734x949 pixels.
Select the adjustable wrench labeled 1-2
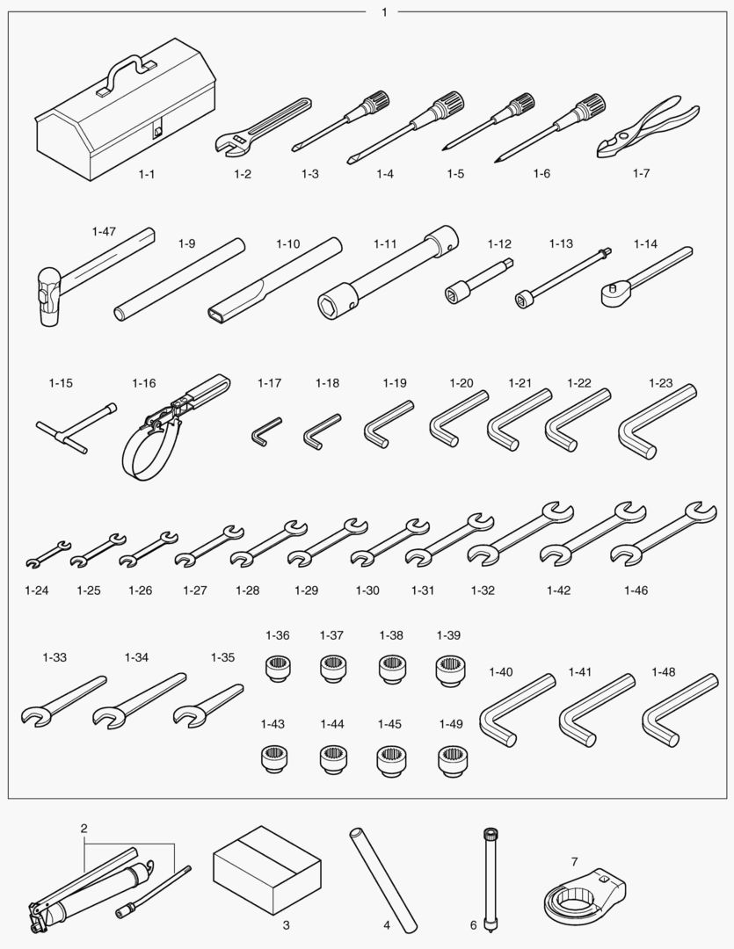(x=262, y=125)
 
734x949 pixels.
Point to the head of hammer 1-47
(x=47, y=298)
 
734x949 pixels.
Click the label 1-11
(x=385, y=244)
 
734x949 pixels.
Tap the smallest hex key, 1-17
(x=259, y=431)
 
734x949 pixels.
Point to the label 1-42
(x=558, y=590)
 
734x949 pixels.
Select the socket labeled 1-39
(x=449, y=670)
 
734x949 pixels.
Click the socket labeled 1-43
(x=273, y=759)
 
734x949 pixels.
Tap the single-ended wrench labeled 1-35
(x=207, y=705)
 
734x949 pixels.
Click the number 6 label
(x=474, y=924)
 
